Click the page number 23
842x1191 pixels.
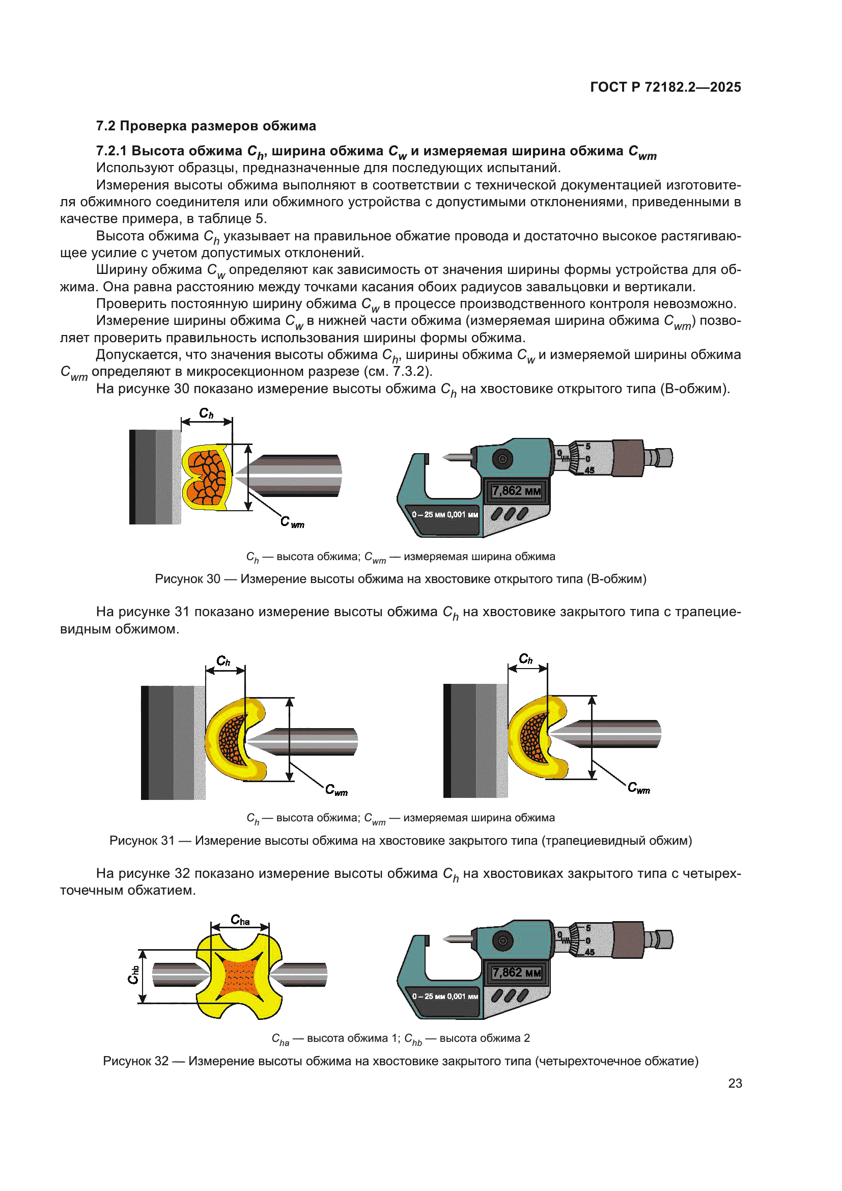pos(735,1083)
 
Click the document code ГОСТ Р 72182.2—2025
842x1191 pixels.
pos(665,87)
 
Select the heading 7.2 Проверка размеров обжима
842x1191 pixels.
pos(206,126)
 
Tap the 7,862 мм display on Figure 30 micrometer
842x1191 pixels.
pos(516,491)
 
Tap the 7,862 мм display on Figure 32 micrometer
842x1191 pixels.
pos(516,972)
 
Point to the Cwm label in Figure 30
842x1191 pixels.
pos(292,522)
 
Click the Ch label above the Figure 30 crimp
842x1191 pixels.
pos(206,413)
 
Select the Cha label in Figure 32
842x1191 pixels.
pos(240,920)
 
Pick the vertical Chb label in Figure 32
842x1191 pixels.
pos(133,975)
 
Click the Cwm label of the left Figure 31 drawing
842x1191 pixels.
pos(336,790)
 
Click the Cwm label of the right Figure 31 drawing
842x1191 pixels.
pos(639,788)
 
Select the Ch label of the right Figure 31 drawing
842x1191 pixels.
pos(526,659)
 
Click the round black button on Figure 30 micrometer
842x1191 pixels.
pos(502,459)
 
